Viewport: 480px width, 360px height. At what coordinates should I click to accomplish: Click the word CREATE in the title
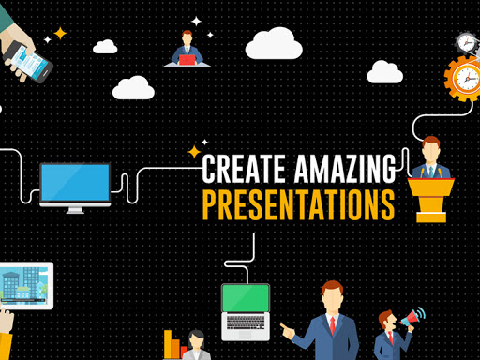[244, 169]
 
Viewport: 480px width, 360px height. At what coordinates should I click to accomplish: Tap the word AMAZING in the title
[345, 169]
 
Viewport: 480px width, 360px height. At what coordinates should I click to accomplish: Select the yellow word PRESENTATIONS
[299, 205]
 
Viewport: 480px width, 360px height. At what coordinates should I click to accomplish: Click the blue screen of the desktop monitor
[75, 183]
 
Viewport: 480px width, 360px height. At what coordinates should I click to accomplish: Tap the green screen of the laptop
[246, 298]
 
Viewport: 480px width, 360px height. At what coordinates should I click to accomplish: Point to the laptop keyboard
[246, 322]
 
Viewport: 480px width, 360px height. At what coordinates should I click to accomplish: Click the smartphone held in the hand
[27, 63]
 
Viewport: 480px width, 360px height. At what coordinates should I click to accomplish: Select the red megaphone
[410, 319]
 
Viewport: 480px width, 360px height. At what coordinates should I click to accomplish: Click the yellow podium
[431, 200]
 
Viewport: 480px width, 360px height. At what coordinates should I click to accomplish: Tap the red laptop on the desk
[187, 60]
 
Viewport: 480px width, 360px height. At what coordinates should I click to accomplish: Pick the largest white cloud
[274, 44]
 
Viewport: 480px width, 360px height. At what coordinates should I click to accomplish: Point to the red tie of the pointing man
[333, 325]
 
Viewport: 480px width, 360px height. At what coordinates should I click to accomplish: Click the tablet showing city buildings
[25, 286]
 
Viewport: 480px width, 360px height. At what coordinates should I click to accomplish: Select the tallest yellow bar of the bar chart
[168, 344]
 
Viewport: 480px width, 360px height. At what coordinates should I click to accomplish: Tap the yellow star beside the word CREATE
[194, 152]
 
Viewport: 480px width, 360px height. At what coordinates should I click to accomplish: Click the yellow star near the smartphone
[60, 34]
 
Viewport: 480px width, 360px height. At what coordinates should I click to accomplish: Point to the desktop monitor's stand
[75, 210]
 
